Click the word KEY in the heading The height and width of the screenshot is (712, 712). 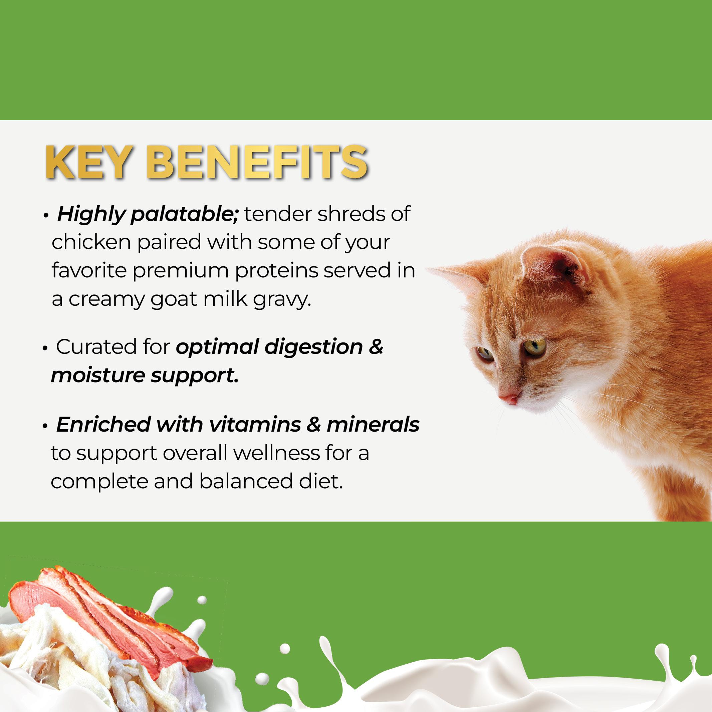pyautogui.click(x=88, y=163)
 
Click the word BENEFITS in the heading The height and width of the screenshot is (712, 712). pyautogui.click(x=257, y=163)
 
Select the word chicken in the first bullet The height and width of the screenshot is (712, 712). pyautogui.click(x=91, y=242)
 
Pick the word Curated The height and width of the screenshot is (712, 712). pyautogui.click(x=113, y=347)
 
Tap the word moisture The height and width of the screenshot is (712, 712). pyautogui.click(x=98, y=376)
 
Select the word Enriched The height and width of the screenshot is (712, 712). pyautogui.click(x=103, y=425)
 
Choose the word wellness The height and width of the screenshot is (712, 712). pyautogui.click(x=276, y=453)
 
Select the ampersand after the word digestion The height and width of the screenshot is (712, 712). pyautogui.click(x=376, y=347)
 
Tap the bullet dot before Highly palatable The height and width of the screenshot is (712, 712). pyautogui.click(x=46, y=216)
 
